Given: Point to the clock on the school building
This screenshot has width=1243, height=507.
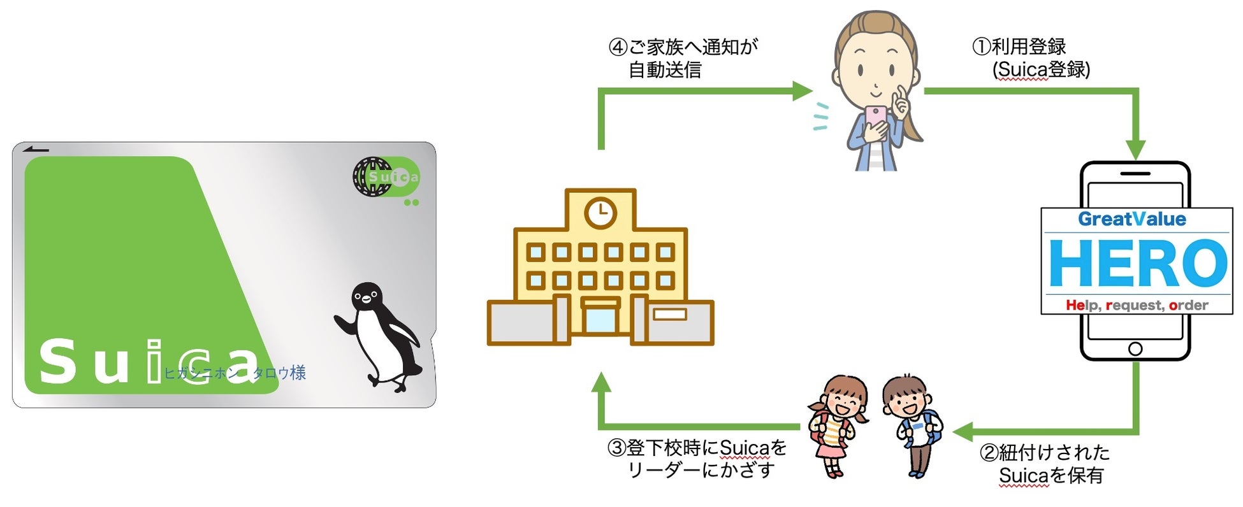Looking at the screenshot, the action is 600,212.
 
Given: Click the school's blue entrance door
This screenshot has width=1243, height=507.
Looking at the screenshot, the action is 600,320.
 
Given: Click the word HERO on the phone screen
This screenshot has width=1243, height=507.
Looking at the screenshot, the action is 1137,264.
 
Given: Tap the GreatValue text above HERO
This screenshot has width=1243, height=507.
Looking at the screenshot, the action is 1131,219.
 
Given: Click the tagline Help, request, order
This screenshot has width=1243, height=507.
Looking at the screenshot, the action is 1137,305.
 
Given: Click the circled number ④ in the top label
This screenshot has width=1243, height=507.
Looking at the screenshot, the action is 618,47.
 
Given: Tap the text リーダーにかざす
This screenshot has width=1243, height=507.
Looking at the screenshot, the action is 701,471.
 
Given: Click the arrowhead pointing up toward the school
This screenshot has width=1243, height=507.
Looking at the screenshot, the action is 600,383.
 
